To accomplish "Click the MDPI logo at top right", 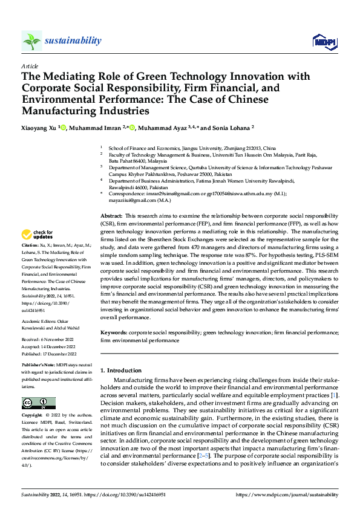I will [324, 41].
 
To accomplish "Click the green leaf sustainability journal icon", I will [31, 41].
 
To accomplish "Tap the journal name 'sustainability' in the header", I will [73, 41].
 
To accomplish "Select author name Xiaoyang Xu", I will [41, 128].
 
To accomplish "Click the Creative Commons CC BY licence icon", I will [38, 403].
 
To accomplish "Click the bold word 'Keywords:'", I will [113, 332].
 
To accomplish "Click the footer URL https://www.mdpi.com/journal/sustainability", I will [286, 494].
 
